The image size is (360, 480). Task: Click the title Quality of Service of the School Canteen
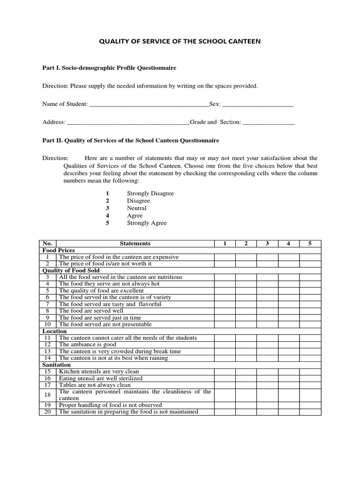[x=180, y=41]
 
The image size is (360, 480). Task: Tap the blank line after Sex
[x=257, y=104]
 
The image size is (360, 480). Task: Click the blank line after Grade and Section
[x=269, y=122]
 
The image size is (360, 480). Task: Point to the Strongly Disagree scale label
[x=150, y=193]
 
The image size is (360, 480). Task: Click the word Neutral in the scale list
[x=136, y=208]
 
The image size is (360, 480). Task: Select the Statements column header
[x=135, y=243]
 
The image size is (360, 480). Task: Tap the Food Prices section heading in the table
[x=59, y=250]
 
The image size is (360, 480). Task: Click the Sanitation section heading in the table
[x=57, y=365]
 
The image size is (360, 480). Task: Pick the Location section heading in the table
[x=55, y=331]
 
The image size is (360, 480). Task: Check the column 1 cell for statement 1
[x=225, y=257]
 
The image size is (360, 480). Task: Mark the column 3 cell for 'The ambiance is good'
[x=267, y=345]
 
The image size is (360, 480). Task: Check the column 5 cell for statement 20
[x=310, y=412]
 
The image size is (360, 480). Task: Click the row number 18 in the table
[x=47, y=395]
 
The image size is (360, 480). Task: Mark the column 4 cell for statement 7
[x=289, y=304]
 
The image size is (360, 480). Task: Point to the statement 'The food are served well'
[x=91, y=311]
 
